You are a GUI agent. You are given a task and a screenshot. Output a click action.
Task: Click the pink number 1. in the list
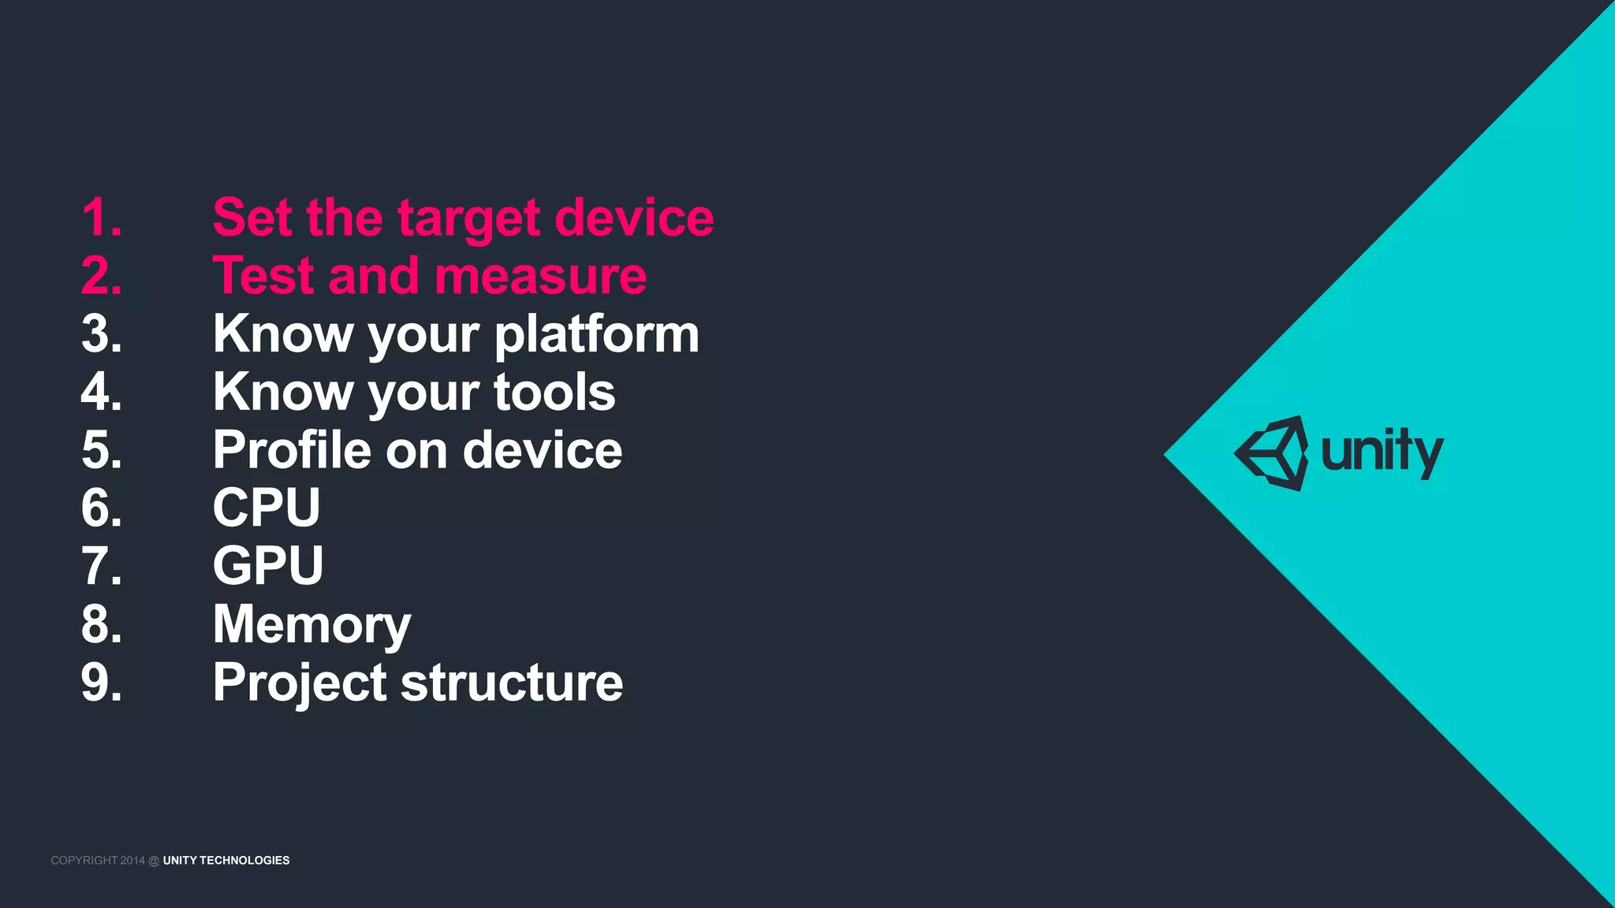pos(102,217)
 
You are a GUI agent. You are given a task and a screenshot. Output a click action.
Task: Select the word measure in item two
pos(540,277)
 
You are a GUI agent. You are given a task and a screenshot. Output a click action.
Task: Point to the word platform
pos(596,334)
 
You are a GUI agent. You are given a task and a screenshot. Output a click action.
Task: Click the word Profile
pos(291,450)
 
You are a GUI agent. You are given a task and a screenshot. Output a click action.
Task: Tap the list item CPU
pos(267,508)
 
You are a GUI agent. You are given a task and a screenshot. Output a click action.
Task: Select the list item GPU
pos(268,565)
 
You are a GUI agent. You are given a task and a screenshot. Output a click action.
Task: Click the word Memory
pos(311,625)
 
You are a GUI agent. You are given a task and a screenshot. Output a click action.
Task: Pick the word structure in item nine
pos(512,682)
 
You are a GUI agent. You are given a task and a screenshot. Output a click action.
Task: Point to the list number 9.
pos(102,682)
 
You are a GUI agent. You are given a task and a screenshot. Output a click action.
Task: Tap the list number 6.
pos(102,508)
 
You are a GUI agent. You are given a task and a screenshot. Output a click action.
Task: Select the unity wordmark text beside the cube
pos(1382,453)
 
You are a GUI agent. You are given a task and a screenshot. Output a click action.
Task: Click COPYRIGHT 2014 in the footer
pos(98,860)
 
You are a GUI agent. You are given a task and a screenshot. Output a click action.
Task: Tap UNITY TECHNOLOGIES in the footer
pos(226,860)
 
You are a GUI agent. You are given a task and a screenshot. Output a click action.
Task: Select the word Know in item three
pos(282,334)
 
